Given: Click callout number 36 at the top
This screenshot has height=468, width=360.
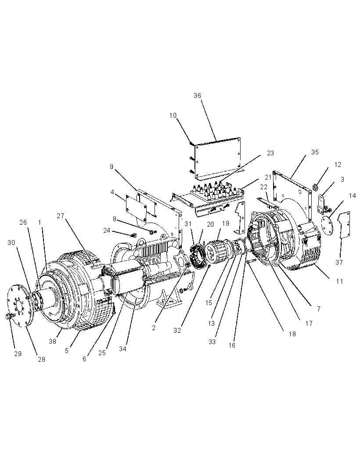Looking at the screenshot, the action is [197, 96].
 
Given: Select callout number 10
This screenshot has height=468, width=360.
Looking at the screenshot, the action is [173, 115].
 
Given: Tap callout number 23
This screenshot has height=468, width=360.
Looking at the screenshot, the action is [270, 153].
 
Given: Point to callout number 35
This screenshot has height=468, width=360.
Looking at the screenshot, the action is [315, 152].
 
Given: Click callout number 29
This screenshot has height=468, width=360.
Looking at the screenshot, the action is [18, 354].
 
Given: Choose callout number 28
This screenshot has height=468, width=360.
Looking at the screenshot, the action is [42, 360].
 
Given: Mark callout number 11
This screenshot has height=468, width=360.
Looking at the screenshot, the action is [339, 281].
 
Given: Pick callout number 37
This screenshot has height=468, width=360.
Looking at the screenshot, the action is [339, 263].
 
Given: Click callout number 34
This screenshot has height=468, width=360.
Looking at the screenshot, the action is [122, 349].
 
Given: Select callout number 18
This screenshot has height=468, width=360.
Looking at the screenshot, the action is [292, 334].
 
